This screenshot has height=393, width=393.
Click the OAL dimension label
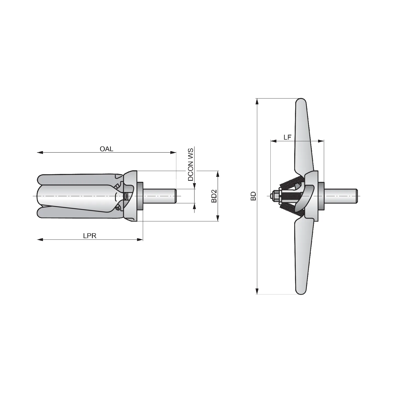point(106,149)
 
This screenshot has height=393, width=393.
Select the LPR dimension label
point(90,236)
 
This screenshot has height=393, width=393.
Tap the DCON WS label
point(191,165)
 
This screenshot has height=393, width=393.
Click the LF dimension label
point(287,137)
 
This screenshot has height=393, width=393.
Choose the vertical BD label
point(253,196)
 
